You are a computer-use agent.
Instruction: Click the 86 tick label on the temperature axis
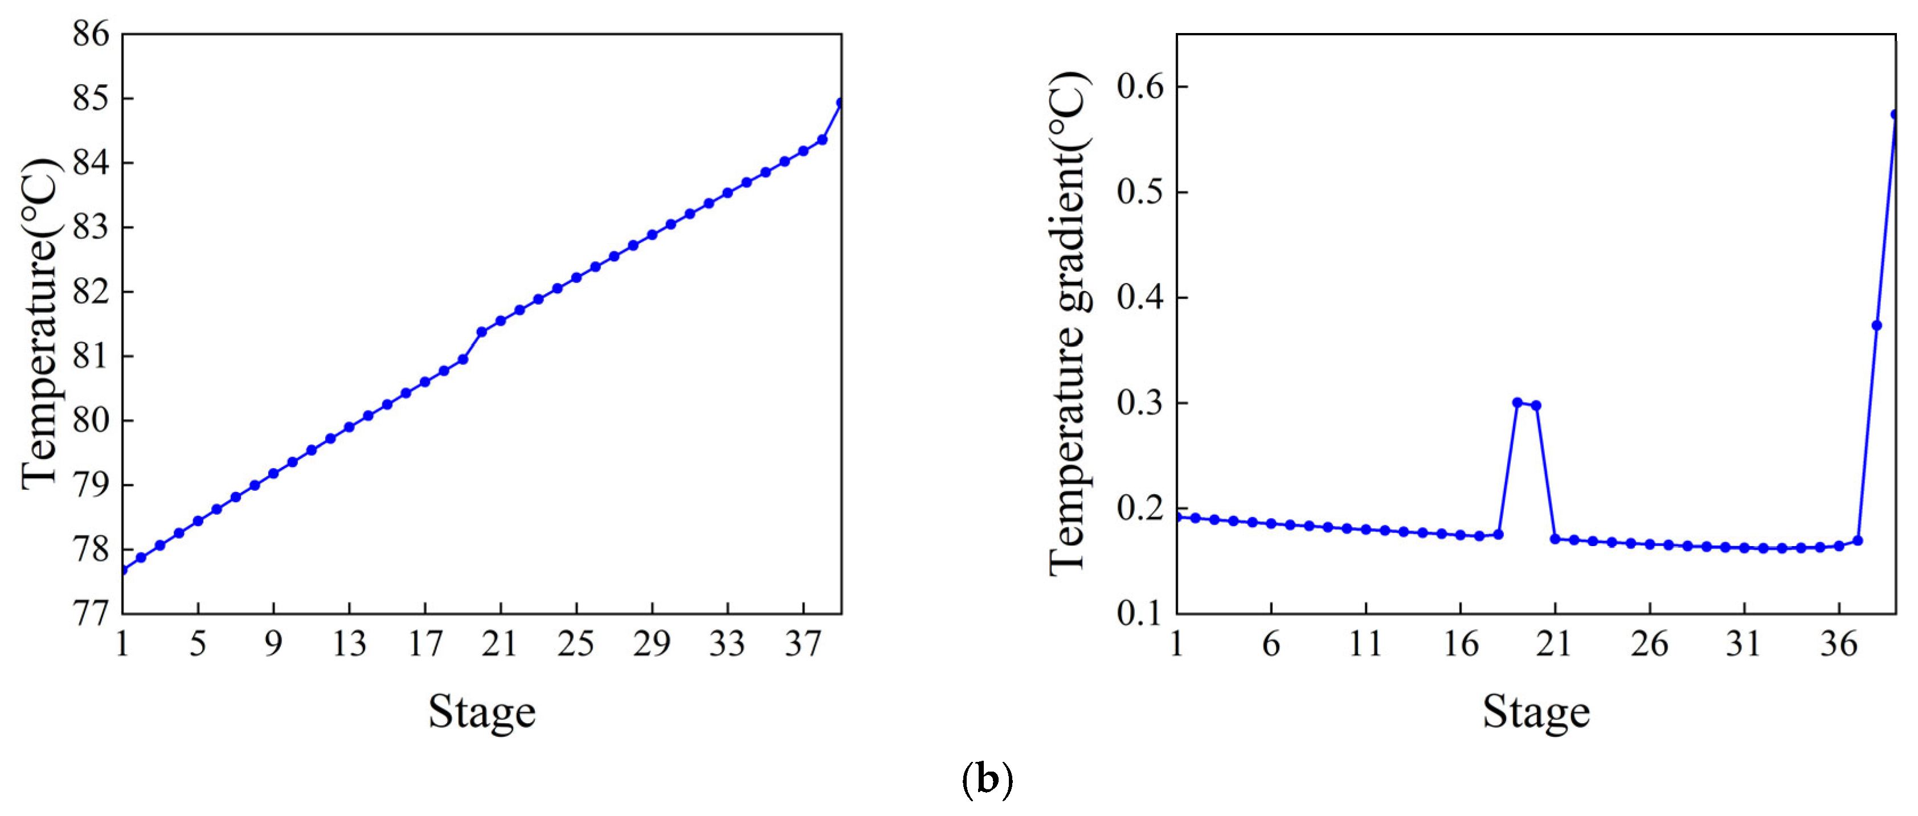[90, 34]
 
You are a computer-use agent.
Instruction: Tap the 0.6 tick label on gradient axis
[1139, 87]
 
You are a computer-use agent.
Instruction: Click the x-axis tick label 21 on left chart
[499, 644]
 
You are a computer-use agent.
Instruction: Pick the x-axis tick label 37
[802, 644]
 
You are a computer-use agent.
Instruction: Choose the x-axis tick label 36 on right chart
[1838, 644]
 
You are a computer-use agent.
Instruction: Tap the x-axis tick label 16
[1460, 644]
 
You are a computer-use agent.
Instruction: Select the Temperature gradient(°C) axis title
[1069, 324]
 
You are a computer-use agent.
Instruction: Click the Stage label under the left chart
[482, 712]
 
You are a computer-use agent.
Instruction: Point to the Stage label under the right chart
[1535, 712]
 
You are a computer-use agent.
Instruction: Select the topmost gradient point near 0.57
[1895, 114]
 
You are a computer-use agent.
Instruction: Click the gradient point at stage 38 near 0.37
[1876, 325]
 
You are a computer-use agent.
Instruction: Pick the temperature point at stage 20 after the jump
[482, 332]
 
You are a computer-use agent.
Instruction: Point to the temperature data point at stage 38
[822, 139]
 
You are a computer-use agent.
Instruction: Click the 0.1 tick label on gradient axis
[1139, 613]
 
